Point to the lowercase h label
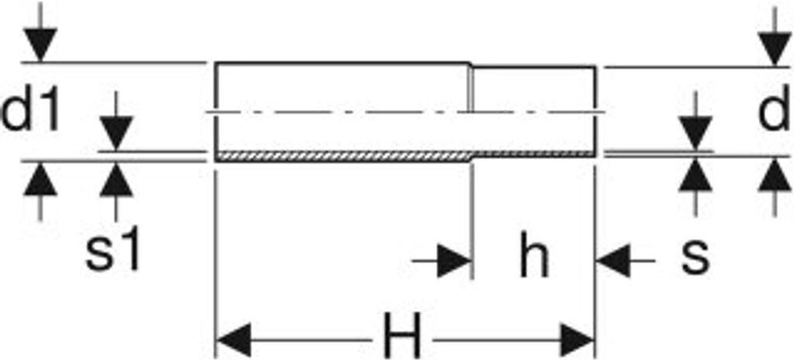coord(533,259)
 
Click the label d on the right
coord(773,113)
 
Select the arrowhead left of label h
coord(454,261)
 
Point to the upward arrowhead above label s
coord(696,175)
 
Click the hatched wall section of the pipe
coord(341,156)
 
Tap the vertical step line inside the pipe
coord(471,89)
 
